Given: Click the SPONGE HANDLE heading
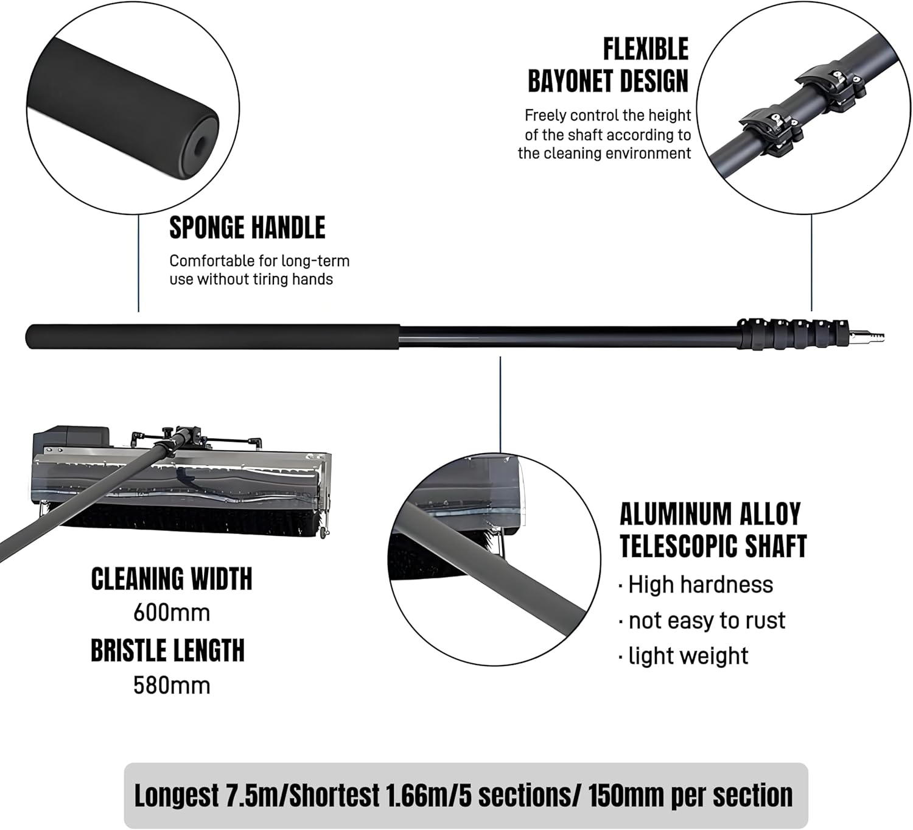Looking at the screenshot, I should click(247, 228).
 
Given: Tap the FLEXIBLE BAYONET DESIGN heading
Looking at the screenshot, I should click(607, 65).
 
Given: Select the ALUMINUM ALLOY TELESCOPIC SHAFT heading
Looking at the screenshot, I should click(713, 530).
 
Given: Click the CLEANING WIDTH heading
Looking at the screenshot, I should click(172, 579).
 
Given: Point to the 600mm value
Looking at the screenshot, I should click(172, 613).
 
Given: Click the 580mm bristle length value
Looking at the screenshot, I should click(172, 686).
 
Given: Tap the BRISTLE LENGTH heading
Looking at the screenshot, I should click(167, 650).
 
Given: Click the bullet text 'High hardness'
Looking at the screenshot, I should click(700, 585).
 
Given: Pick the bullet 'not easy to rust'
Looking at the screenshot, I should click(706, 621).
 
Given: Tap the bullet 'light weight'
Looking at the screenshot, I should click(688, 656).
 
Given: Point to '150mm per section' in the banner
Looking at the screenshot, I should click(690, 795).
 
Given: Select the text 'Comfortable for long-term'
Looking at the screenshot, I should click(259, 261).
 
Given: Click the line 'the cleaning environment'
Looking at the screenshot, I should click(604, 153).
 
